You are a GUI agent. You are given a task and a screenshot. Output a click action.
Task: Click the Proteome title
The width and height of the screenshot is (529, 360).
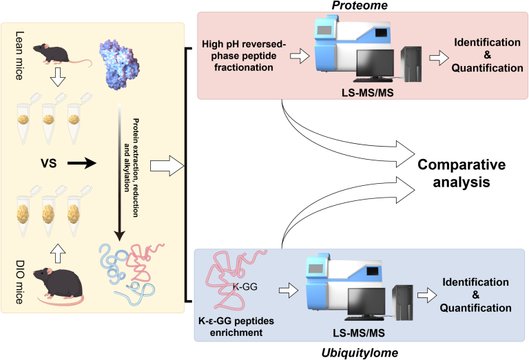[x=360, y=6]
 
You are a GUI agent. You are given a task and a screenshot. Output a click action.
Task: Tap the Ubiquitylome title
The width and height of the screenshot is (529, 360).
[x=360, y=353]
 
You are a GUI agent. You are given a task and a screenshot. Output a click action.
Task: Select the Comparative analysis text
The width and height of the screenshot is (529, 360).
[x=461, y=173]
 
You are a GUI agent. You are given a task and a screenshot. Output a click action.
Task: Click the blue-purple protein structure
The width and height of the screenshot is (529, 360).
[x=119, y=65]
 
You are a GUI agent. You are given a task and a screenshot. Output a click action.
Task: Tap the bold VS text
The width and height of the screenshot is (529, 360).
[x=49, y=164]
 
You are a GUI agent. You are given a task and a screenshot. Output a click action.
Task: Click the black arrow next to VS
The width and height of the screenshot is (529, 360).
[x=82, y=163]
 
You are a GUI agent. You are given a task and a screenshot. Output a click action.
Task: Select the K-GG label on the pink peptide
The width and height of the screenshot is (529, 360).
[x=245, y=287]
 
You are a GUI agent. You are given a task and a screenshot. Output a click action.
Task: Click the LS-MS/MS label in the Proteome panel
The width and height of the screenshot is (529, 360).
[x=368, y=93]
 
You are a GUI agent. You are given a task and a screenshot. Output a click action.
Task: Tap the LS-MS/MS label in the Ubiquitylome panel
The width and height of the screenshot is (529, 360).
[x=359, y=333]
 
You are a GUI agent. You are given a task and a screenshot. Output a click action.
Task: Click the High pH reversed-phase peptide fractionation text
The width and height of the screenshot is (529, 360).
[x=244, y=56]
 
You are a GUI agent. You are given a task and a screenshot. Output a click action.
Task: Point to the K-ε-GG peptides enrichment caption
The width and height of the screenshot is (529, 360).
[x=236, y=327]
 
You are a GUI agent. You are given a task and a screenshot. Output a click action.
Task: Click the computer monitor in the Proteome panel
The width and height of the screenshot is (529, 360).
[x=375, y=66]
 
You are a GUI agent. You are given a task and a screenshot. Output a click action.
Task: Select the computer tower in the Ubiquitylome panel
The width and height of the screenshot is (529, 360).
[x=402, y=303]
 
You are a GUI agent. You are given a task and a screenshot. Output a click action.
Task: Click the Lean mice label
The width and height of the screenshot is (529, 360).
[x=19, y=56]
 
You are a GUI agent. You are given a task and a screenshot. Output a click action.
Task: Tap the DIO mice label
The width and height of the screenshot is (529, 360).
[x=19, y=282]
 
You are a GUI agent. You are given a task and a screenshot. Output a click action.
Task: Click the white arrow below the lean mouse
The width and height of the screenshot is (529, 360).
[x=58, y=77]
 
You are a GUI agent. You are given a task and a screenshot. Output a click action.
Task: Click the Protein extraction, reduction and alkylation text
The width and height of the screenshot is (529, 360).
[x=132, y=167]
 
